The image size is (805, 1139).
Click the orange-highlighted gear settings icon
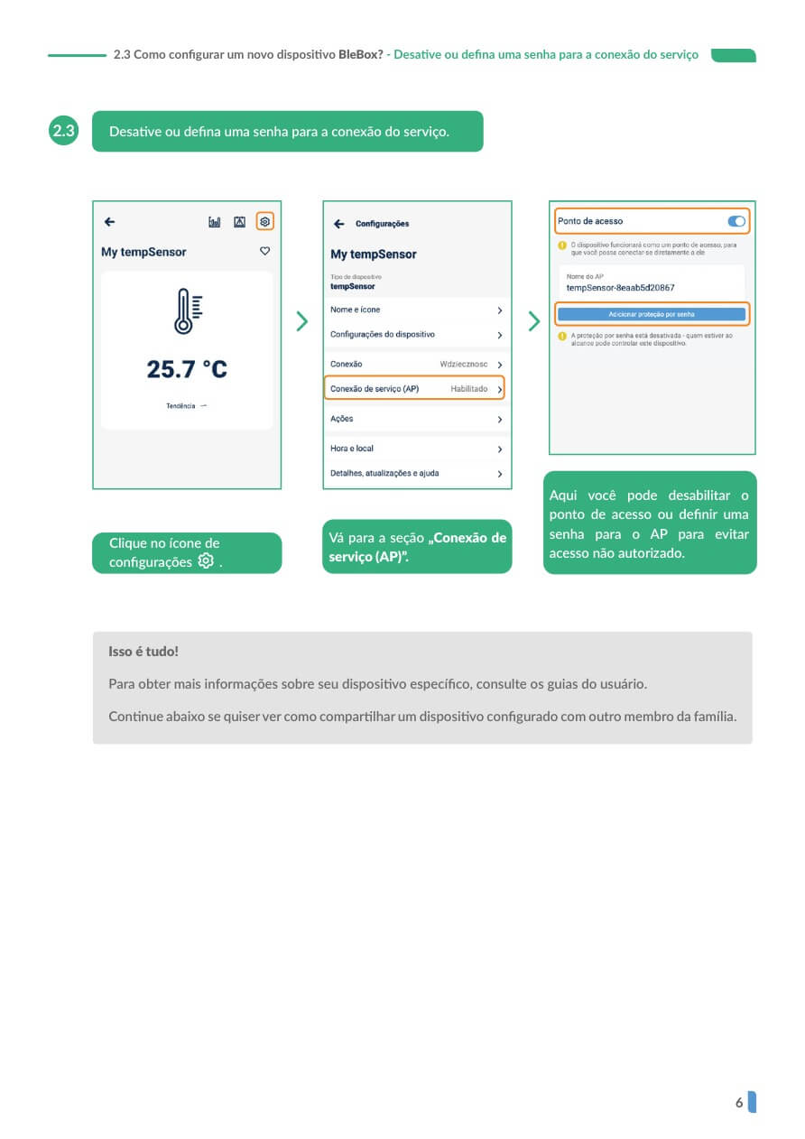(264, 222)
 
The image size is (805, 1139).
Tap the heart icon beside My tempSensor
(265, 251)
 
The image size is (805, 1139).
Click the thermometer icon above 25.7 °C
(188, 310)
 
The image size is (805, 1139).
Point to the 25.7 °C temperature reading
(187, 369)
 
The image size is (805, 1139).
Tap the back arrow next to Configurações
(339, 224)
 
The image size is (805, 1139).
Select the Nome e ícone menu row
(416, 310)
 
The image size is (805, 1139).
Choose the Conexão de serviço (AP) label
(375, 389)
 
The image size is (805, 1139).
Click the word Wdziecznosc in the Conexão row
(463, 364)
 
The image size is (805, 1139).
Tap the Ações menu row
(416, 419)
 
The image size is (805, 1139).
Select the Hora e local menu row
(416, 449)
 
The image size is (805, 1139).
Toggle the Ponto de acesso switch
(736, 221)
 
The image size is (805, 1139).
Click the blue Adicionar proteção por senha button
(652, 314)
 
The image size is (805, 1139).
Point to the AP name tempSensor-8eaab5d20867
(620, 288)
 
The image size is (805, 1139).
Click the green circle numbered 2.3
(63, 131)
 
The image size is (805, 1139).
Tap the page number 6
(739, 1102)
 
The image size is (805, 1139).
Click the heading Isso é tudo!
(143, 652)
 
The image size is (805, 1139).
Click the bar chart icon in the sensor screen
(215, 222)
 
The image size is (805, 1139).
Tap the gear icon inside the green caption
(206, 560)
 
